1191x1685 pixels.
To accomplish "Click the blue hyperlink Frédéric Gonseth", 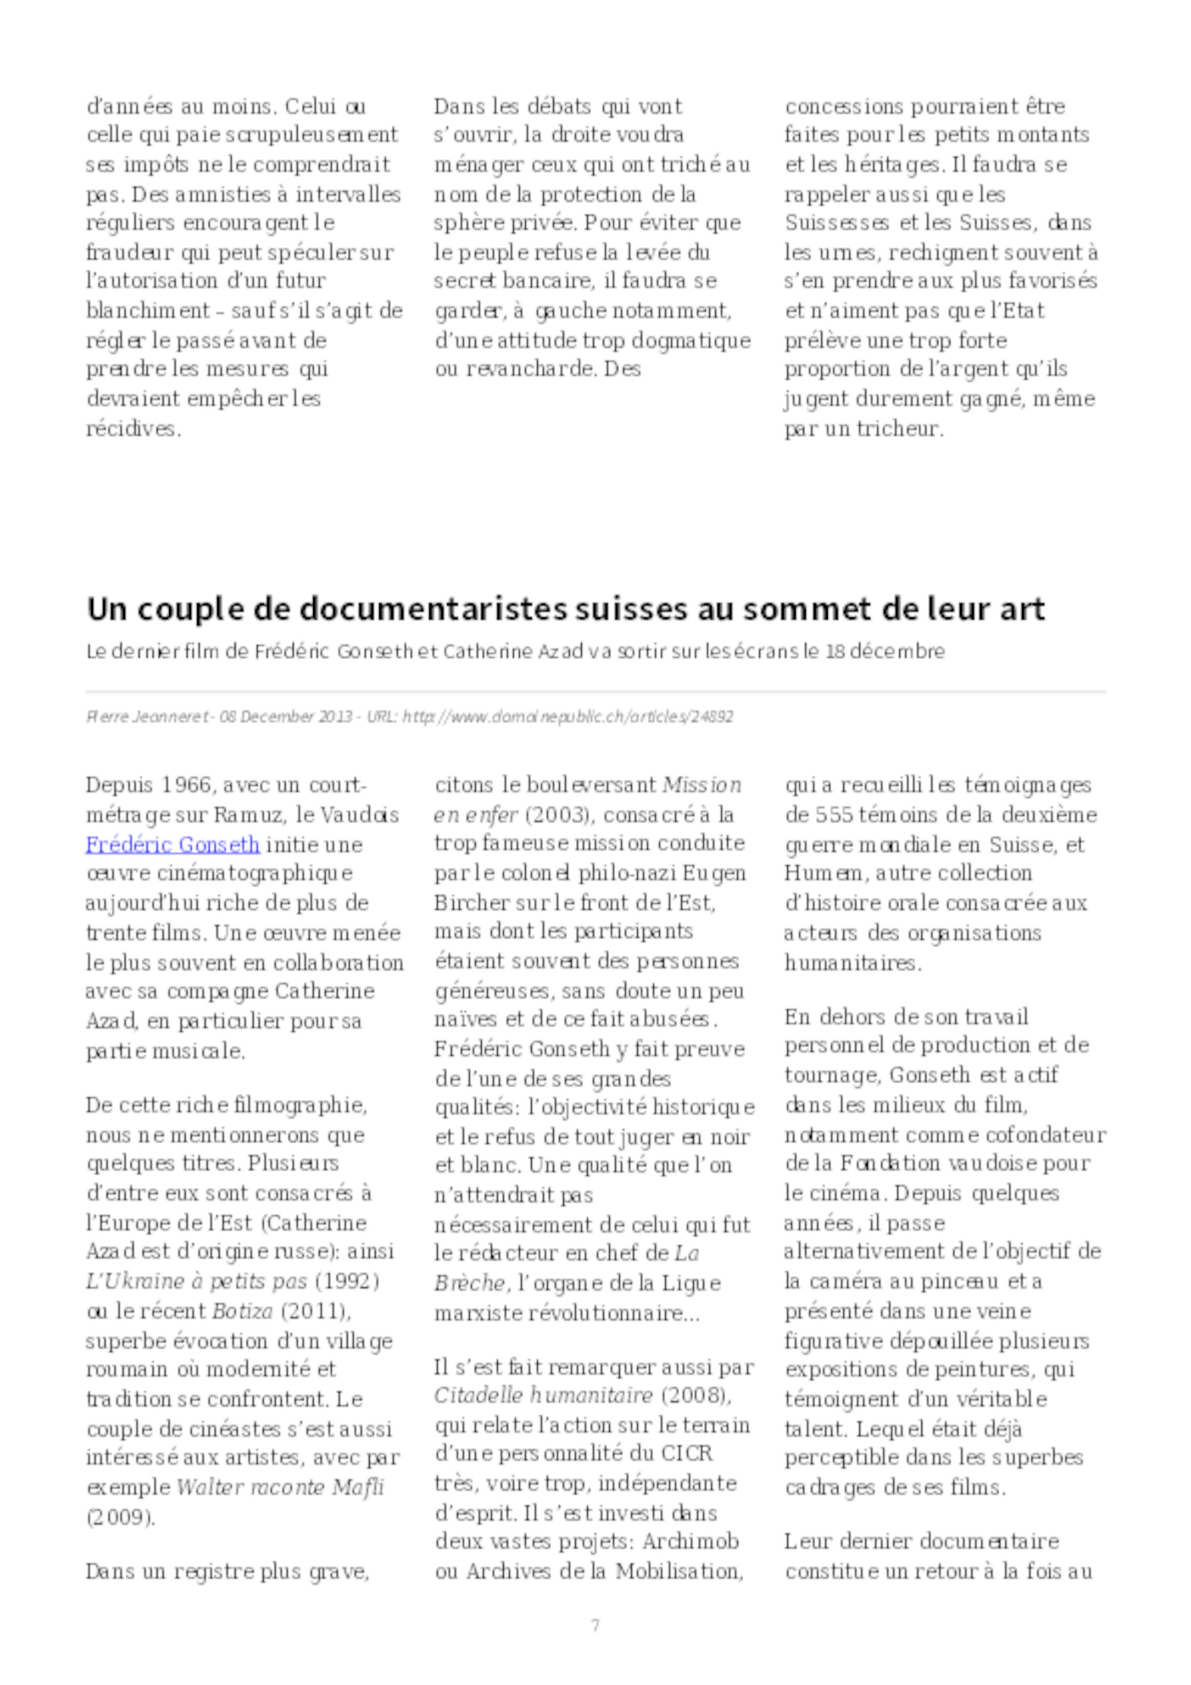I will pyautogui.click(x=173, y=845).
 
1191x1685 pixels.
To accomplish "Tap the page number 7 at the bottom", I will pyautogui.click(x=595, y=1625).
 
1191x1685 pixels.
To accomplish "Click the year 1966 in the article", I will pyautogui.click(x=177, y=785).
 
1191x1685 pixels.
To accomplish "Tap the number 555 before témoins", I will pyautogui.click(x=834, y=815).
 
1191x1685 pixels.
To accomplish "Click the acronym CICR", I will pyautogui.click(x=687, y=1454).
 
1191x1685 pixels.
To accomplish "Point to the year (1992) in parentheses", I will pyautogui.click(x=347, y=1281).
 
